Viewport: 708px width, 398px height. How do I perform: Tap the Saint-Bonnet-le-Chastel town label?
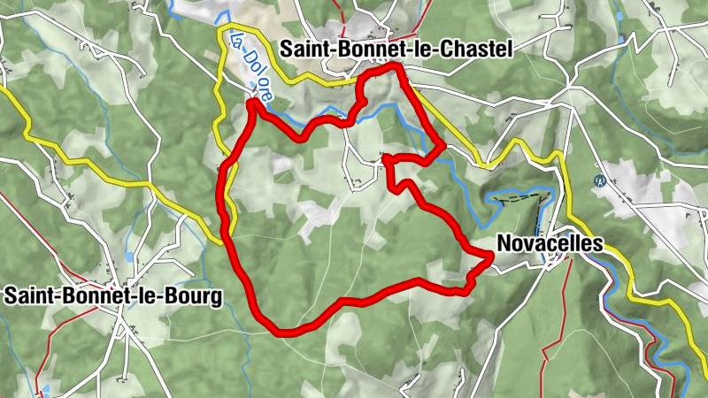click(x=396, y=51)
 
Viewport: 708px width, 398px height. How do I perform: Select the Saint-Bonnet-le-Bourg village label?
click(x=112, y=296)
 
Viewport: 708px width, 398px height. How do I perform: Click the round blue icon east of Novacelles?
click(x=599, y=181)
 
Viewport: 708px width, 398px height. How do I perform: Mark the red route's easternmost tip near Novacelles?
click(x=491, y=256)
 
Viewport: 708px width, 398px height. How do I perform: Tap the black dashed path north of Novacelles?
click(x=522, y=200)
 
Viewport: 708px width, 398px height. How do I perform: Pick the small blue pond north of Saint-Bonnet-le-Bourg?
click(x=130, y=256)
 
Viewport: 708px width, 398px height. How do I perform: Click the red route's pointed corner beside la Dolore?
click(x=253, y=103)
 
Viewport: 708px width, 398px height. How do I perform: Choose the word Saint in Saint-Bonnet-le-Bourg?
click(x=27, y=296)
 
